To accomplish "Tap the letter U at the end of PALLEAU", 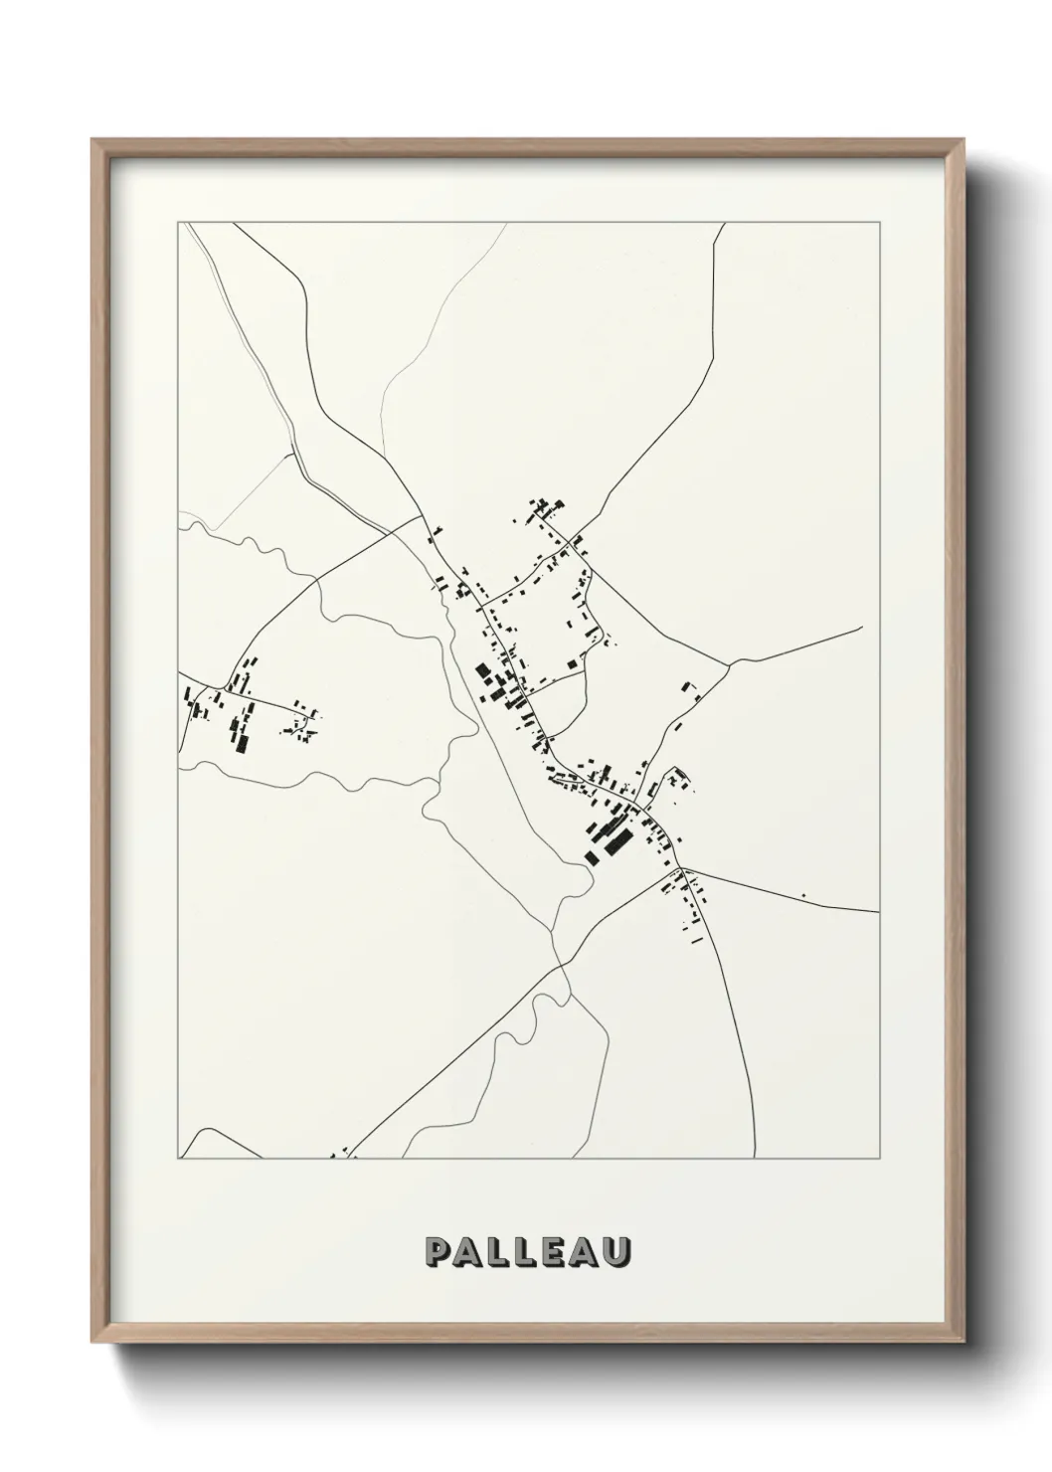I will coord(615,1253).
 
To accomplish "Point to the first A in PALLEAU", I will coord(466,1253).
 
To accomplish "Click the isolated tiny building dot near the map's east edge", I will coord(803,896).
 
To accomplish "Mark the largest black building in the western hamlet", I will coord(239,742).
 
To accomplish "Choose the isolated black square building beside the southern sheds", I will coord(593,857).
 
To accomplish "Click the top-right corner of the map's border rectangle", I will coord(879,223).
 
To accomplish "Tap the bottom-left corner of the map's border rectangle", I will coord(178,1159).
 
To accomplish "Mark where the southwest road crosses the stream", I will coord(560,964).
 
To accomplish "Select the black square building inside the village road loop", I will coord(571,662).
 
